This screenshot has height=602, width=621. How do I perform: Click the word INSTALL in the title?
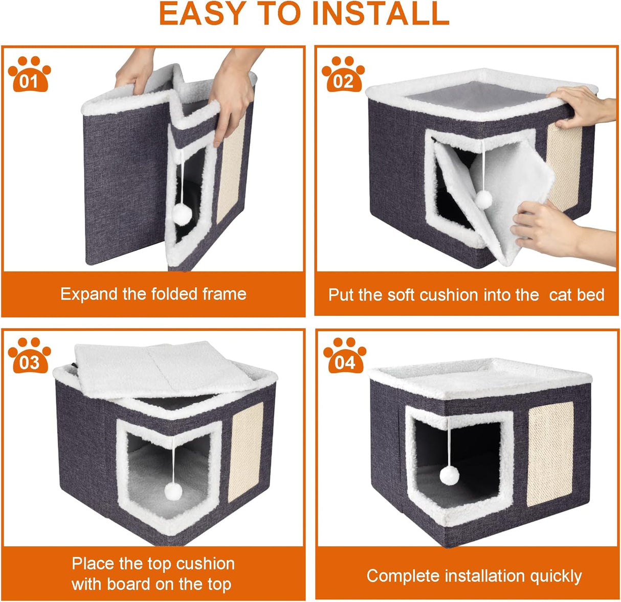381,14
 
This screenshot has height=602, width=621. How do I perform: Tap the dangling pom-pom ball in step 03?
173,493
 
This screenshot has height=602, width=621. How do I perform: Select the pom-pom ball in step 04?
449,476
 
